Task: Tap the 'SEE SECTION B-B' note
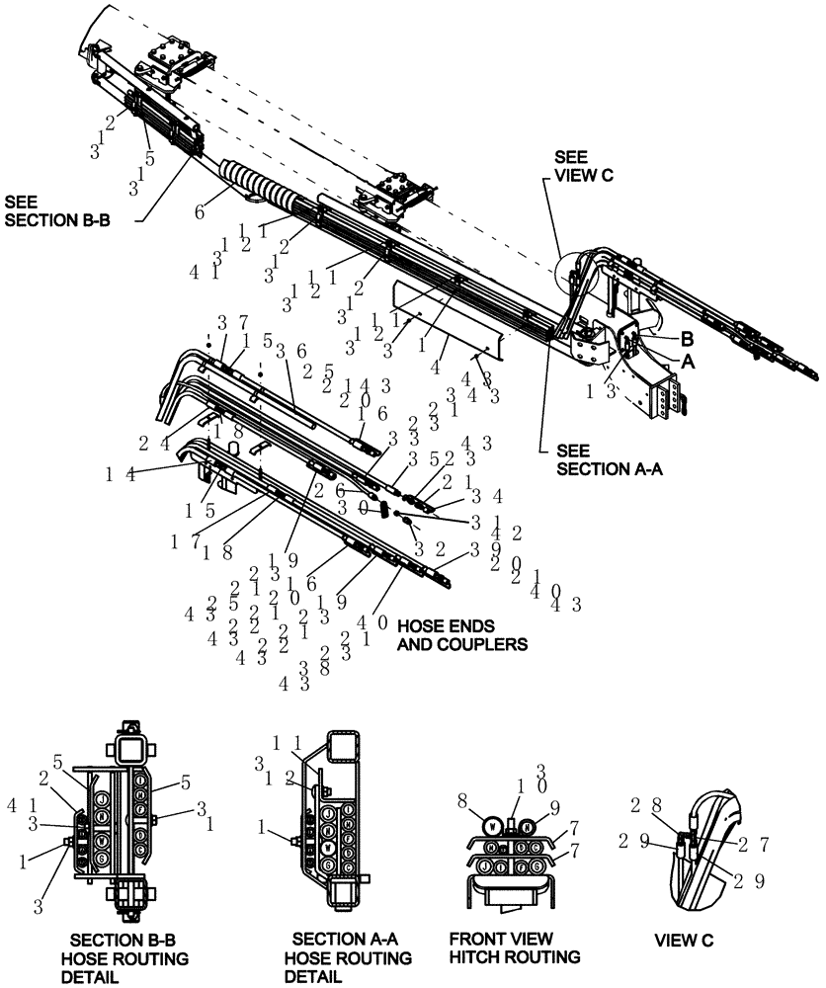(x=57, y=211)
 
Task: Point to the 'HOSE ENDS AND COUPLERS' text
(x=461, y=635)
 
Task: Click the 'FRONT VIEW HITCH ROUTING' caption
(x=514, y=947)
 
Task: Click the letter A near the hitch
(x=688, y=362)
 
